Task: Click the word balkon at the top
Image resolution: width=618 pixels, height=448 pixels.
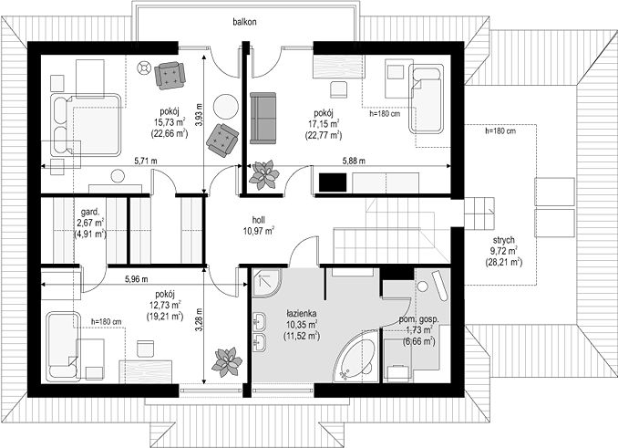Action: [x=244, y=22]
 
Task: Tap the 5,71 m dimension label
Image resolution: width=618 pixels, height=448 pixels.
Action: [x=146, y=161]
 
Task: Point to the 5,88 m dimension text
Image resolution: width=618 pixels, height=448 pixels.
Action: [x=354, y=161]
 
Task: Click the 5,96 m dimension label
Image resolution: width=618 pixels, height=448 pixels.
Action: [x=137, y=279]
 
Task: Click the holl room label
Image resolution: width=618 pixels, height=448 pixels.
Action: [x=259, y=220]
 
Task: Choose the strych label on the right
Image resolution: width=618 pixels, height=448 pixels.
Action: [x=504, y=240]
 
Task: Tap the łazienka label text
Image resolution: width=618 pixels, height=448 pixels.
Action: [x=302, y=314]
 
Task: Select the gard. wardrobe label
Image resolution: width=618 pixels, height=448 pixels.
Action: [x=90, y=211]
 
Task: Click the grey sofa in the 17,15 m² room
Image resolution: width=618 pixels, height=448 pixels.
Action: [x=263, y=118]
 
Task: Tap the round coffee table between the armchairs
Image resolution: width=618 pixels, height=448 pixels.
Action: [x=226, y=106]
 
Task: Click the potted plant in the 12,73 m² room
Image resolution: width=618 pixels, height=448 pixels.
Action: [x=227, y=362]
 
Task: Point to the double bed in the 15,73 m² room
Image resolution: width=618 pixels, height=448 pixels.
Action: [x=85, y=125]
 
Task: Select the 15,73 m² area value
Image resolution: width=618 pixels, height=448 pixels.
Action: [x=169, y=122]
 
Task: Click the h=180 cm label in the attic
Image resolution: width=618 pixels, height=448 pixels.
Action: [x=500, y=130]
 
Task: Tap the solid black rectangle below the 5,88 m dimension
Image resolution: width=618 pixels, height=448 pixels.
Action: [x=333, y=182]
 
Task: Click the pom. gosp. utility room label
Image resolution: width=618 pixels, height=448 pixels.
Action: [x=418, y=320]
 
